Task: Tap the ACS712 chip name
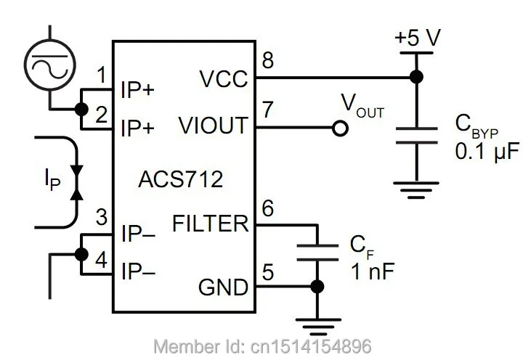point(180,179)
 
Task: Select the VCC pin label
point(224,79)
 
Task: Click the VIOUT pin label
point(213,126)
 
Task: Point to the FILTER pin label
point(211,224)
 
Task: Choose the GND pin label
point(223,287)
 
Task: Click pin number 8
point(268,60)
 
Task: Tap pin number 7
point(268,110)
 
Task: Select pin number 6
point(268,208)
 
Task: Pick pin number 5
point(268,272)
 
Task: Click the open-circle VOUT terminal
point(340,128)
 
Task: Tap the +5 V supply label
point(418,37)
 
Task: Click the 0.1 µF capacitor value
point(487,152)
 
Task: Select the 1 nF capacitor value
point(372,271)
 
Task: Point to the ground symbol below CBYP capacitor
point(416,190)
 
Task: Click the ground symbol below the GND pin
point(318,327)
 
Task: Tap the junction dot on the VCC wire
point(416,77)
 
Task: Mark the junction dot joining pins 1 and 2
point(81,109)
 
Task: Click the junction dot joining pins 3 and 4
point(81,254)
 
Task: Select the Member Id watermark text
point(262,346)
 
